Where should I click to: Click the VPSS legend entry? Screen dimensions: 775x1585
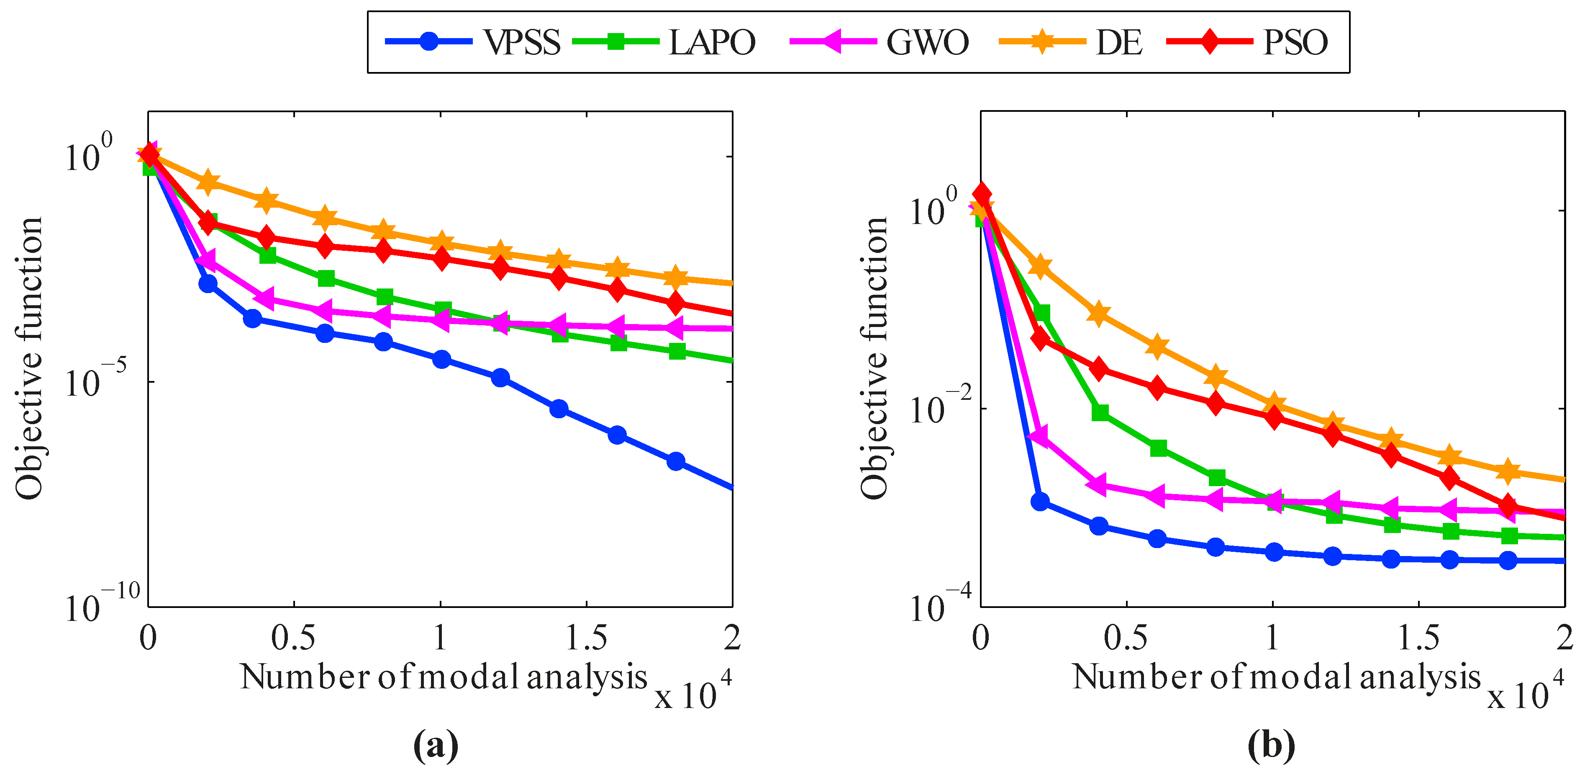pos(522,42)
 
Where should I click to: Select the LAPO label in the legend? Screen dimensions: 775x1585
pos(712,42)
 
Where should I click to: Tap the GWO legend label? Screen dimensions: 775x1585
pos(927,42)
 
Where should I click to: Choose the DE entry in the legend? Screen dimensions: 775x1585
pos(1118,42)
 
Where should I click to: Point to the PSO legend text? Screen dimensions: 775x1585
pos(1295,42)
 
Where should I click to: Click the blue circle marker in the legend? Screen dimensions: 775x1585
pos(429,41)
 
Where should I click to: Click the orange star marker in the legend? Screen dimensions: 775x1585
pos(1042,41)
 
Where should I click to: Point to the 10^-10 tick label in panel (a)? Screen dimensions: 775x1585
pos(102,604)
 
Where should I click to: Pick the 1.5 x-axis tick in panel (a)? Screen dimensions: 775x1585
pos(586,639)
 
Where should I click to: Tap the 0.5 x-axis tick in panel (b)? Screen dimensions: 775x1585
pos(1126,639)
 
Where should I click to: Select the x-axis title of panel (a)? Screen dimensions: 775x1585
pos(444,677)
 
